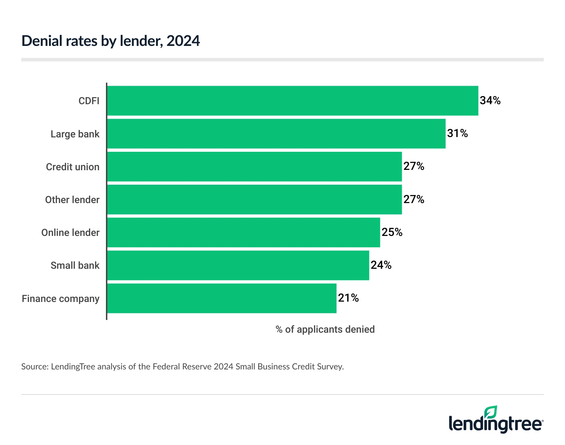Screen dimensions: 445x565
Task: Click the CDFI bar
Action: tap(292, 101)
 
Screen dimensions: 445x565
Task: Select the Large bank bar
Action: tap(276, 133)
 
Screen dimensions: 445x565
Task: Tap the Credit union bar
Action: tap(254, 166)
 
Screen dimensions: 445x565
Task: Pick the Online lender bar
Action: tap(244, 232)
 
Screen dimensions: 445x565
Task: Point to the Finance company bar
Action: tap(222, 298)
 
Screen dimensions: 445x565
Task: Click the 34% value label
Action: tap(490, 101)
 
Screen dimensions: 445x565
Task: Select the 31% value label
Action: tap(457, 133)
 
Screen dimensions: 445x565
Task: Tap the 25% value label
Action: tap(392, 232)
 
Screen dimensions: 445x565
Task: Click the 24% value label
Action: tap(381, 265)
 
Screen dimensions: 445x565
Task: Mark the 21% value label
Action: tap(348, 298)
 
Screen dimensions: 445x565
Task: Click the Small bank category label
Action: tap(75, 266)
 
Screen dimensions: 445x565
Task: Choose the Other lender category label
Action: tap(72, 200)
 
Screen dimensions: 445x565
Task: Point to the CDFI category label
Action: tap(89, 101)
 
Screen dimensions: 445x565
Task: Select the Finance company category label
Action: tap(60, 299)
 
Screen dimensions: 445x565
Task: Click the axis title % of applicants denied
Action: tap(325, 330)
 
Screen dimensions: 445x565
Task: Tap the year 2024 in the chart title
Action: tap(183, 41)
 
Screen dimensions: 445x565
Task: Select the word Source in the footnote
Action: tap(34, 367)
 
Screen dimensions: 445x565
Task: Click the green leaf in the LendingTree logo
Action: tap(490, 412)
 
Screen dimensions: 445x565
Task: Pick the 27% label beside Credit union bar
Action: tap(414, 166)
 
